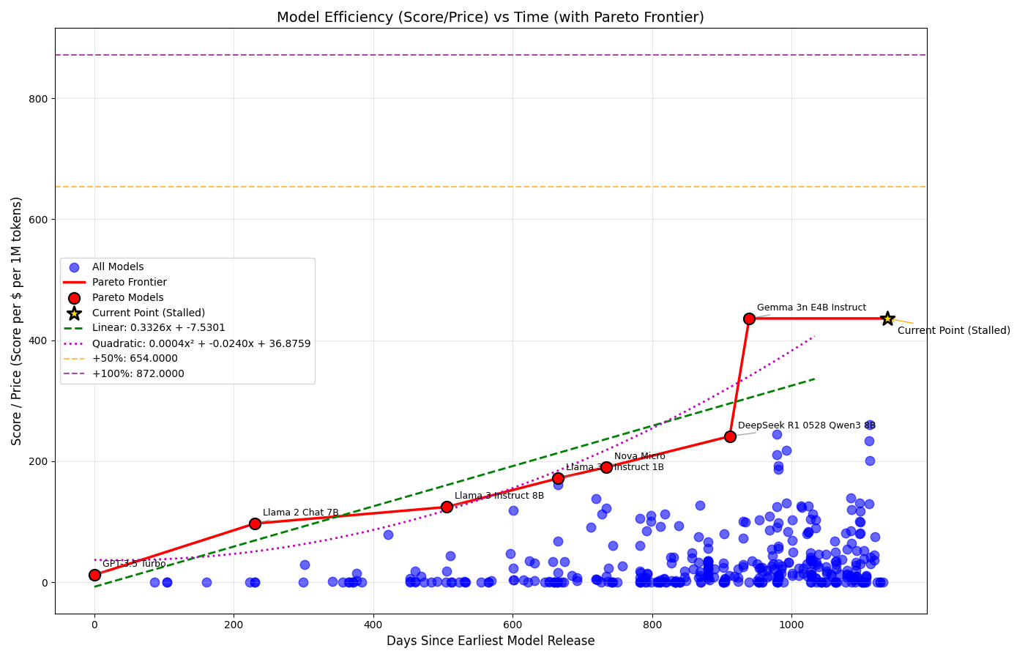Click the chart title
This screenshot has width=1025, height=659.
click(x=490, y=18)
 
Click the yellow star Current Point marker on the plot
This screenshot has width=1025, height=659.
click(x=887, y=319)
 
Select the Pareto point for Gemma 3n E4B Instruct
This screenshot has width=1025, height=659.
click(x=749, y=319)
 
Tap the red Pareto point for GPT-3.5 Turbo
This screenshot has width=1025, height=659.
click(x=94, y=575)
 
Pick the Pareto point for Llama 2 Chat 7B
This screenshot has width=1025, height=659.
click(x=255, y=524)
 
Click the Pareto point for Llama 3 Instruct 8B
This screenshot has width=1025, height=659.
click(x=447, y=507)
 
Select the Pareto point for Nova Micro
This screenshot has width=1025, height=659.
click(x=606, y=467)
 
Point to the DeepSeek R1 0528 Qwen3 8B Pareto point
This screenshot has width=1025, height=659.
click(x=730, y=436)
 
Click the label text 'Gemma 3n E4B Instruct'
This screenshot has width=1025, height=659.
click(x=811, y=308)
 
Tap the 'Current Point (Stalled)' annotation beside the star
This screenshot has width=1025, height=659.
click(x=953, y=331)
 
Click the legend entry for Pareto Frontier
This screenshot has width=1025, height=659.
click(x=129, y=283)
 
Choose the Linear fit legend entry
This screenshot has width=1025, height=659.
click(x=158, y=328)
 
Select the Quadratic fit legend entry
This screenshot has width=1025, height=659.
click(x=201, y=343)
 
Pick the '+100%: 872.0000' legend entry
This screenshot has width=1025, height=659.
click(x=138, y=374)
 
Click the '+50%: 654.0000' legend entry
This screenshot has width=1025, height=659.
click(x=135, y=359)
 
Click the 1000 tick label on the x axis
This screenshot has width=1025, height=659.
click(x=791, y=625)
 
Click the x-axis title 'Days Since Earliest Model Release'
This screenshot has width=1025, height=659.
click(x=491, y=641)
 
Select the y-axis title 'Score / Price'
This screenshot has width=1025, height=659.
click(x=17, y=321)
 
